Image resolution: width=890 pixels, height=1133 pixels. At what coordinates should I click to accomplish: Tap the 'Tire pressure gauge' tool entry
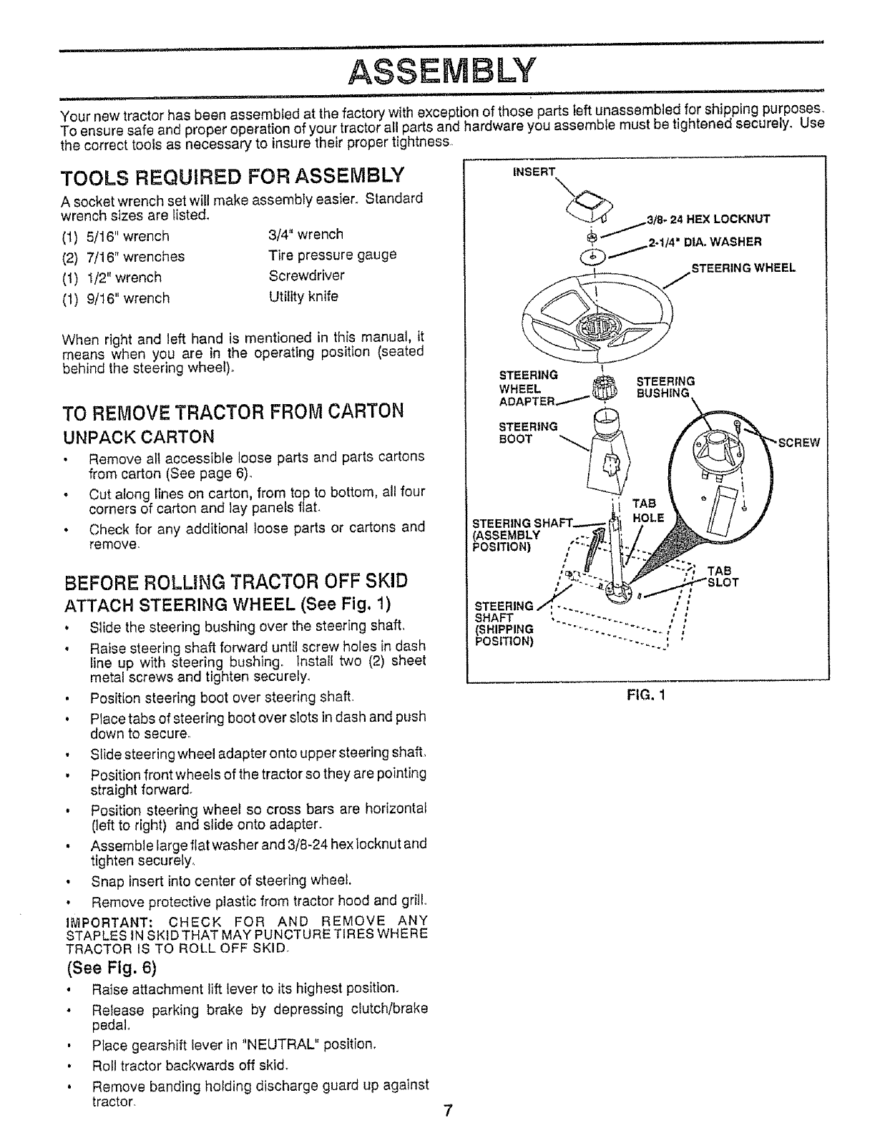click(x=332, y=255)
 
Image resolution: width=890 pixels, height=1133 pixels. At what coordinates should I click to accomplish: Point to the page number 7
click(x=447, y=1111)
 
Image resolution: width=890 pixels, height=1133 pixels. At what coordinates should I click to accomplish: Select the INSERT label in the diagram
click(x=534, y=172)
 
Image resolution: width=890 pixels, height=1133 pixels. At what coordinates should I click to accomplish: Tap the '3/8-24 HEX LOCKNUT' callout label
click(x=708, y=220)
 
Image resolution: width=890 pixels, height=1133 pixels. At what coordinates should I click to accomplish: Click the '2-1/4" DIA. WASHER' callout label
click(x=704, y=242)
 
